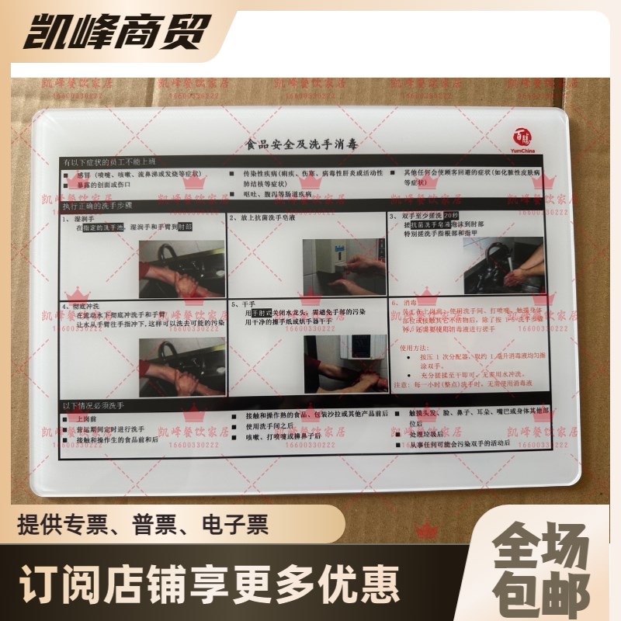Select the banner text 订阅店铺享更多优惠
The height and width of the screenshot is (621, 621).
coord(210,580)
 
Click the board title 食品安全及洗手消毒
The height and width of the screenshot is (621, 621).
coord(300,144)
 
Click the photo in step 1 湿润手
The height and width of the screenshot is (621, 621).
coord(182,267)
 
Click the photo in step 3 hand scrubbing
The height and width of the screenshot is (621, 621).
coord(503,265)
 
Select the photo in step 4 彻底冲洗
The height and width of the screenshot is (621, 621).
coord(182,366)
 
